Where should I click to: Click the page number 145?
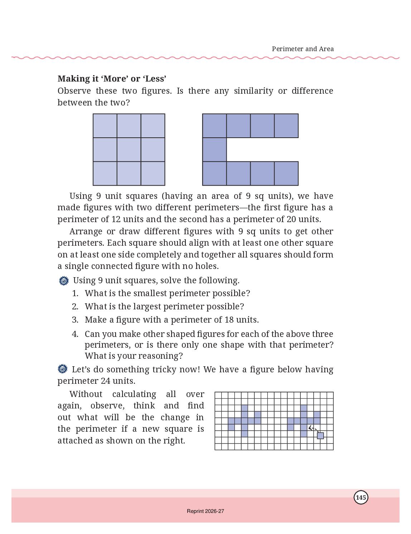pyautogui.click(x=361, y=498)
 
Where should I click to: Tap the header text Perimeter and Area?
pyautogui.click(x=303, y=49)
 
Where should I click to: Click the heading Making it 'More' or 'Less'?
pyautogui.click(x=112, y=79)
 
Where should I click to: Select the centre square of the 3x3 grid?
pyautogui.click(x=129, y=150)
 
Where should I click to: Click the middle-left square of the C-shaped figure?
pyautogui.click(x=214, y=150)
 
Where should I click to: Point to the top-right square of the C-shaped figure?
pyautogui.click(x=286, y=126)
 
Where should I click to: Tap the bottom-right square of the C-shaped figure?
pyautogui.click(x=286, y=173)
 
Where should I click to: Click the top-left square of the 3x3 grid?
pyautogui.click(x=105, y=126)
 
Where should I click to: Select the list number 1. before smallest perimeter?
pyautogui.click(x=75, y=293)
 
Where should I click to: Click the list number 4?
pyautogui.click(x=75, y=334)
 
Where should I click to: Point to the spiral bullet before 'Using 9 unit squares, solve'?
pyautogui.click(x=64, y=281)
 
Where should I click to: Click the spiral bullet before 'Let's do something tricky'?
pyautogui.click(x=63, y=369)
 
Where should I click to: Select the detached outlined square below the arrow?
pyautogui.click(x=320, y=435)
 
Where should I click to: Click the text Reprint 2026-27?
pyautogui.click(x=205, y=511)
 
